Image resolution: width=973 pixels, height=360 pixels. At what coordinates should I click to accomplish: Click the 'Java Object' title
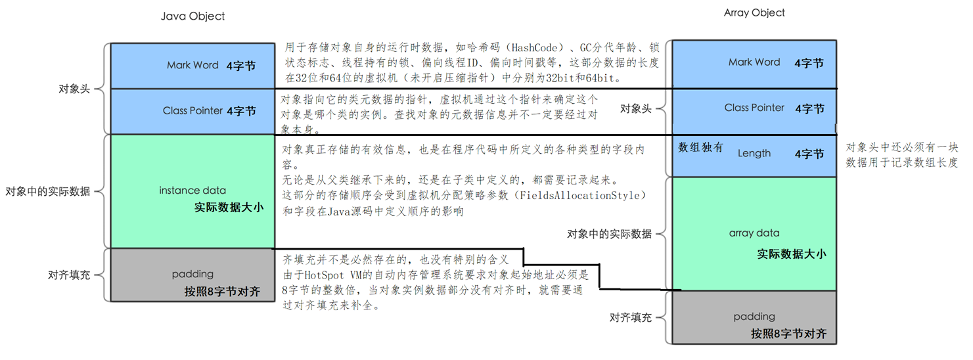(193, 16)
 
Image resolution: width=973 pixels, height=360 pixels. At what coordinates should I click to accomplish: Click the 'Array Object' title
(754, 13)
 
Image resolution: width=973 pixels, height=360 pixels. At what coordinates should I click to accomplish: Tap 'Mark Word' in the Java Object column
(192, 65)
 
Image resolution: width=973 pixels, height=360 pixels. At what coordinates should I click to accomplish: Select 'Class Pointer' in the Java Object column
(192, 111)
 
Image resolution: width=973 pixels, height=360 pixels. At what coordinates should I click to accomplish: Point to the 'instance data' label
(192, 191)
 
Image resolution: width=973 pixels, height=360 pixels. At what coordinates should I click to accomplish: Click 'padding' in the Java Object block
(192, 274)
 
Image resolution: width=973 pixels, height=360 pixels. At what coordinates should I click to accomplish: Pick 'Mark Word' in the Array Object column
(754, 62)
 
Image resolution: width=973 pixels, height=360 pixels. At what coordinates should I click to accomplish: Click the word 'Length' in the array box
(754, 153)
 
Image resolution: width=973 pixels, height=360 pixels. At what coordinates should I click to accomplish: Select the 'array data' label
(754, 233)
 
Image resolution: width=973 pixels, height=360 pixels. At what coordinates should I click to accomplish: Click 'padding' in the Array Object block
(754, 317)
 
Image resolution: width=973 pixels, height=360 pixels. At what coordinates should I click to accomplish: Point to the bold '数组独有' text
(700, 147)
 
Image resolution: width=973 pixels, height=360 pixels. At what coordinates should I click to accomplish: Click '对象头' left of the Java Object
(74, 89)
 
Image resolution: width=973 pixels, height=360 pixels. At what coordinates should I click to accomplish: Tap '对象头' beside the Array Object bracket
(635, 108)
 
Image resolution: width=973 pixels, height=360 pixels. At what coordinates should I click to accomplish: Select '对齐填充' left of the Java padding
(69, 275)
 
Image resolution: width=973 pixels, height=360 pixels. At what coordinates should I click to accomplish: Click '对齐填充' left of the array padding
(630, 317)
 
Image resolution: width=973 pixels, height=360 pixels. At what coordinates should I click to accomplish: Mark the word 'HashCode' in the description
(534, 47)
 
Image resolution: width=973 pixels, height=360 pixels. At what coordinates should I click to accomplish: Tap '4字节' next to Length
(809, 154)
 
